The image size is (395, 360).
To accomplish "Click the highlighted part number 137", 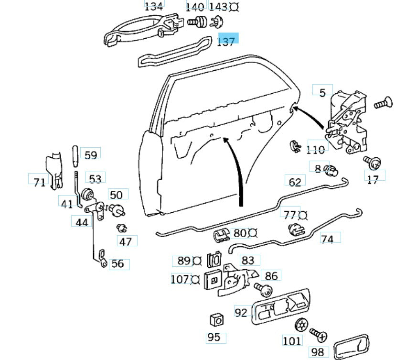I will point(226,41).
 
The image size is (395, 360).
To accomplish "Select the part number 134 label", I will point(153,6).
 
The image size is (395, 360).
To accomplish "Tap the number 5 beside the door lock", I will point(322,92).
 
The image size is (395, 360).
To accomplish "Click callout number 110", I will point(315,150).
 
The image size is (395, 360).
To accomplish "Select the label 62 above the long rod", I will point(295,181).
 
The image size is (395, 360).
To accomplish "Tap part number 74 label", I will point(327,239).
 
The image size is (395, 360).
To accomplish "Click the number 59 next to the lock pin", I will point(90,154).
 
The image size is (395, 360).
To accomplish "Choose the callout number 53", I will point(96,179).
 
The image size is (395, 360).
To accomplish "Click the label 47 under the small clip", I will point(125,241).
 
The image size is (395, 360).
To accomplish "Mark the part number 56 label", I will point(117,263).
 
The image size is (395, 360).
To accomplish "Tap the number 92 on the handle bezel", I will point(242,312).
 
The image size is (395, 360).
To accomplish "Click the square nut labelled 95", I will point(217,319).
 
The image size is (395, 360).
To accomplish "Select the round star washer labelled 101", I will point(301,325).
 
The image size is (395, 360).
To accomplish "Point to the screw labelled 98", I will point(318,335).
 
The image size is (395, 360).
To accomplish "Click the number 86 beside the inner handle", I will point(271,276).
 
